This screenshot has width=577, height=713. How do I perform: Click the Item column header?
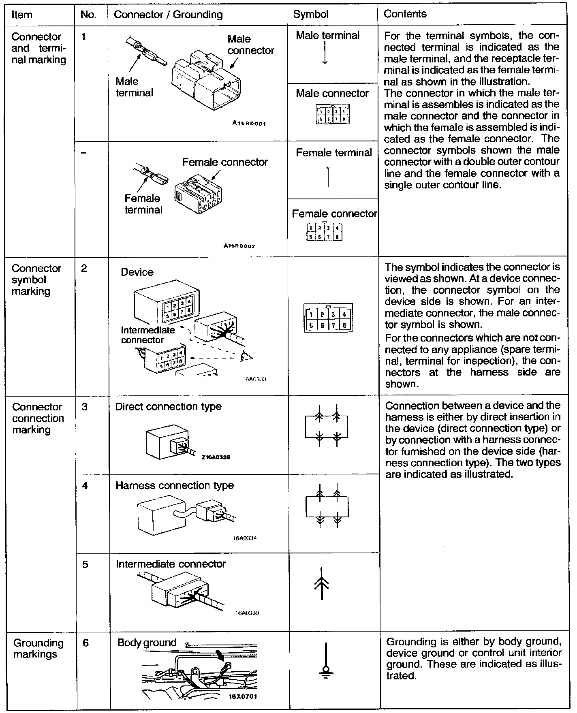pos(22,15)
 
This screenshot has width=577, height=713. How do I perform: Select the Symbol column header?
pos(311,14)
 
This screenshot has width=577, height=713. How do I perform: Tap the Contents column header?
pos(405,14)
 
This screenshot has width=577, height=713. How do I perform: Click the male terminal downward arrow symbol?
pos(325,53)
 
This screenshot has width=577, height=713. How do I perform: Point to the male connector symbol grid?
pos(332,115)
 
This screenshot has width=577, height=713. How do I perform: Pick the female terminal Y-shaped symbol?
pos(328,176)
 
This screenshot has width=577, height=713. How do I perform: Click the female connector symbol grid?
pos(325,232)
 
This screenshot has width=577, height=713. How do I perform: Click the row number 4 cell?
pos(85,485)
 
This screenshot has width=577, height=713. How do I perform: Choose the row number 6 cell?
pos(85,643)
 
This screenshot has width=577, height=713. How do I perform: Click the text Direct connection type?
pos(168,406)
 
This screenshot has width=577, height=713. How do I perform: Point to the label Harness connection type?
pos(175,485)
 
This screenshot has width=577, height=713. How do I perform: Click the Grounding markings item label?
pos(38,649)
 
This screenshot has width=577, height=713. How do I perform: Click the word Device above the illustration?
pos(137,272)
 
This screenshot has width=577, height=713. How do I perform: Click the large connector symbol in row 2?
pos(328,318)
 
